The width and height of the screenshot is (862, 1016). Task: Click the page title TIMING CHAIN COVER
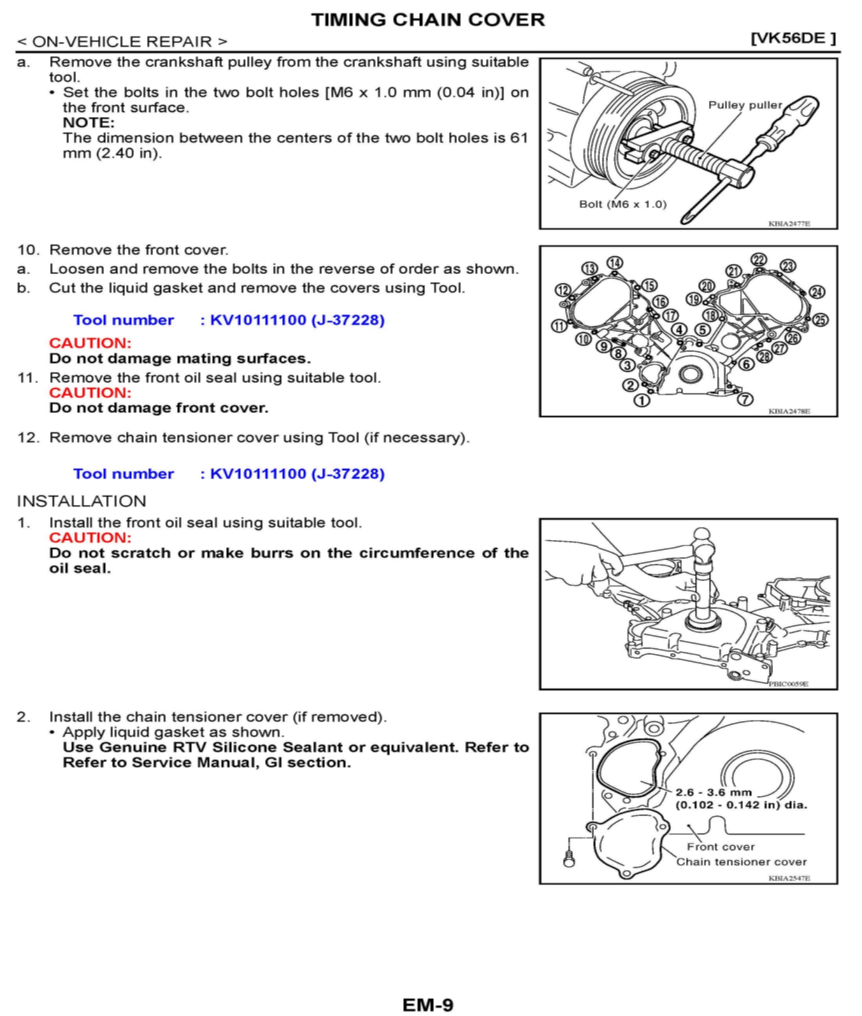tap(428, 20)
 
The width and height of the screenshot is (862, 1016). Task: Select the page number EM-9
tap(428, 1005)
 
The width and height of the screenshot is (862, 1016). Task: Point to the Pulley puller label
tap(745, 105)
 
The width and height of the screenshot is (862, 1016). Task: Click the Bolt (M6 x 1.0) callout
tap(623, 204)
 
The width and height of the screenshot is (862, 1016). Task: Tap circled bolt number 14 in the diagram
tap(615, 263)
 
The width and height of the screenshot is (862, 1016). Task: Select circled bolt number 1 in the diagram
tap(642, 401)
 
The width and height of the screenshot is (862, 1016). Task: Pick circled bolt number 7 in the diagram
tap(745, 399)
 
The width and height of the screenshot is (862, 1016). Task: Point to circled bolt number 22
tap(759, 260)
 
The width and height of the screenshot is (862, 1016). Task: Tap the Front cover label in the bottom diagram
tap(720, 846)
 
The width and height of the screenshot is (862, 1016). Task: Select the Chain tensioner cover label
tap(741, 862)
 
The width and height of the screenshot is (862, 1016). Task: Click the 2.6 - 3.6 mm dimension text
tap(713, 792)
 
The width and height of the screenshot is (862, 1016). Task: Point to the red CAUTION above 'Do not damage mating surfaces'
tap(90, 343)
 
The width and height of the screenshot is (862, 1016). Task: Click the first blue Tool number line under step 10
tap(229, 320)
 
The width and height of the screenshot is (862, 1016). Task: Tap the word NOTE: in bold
tap(88, 122)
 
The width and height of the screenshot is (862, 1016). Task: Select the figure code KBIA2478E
tap(789, 411)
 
